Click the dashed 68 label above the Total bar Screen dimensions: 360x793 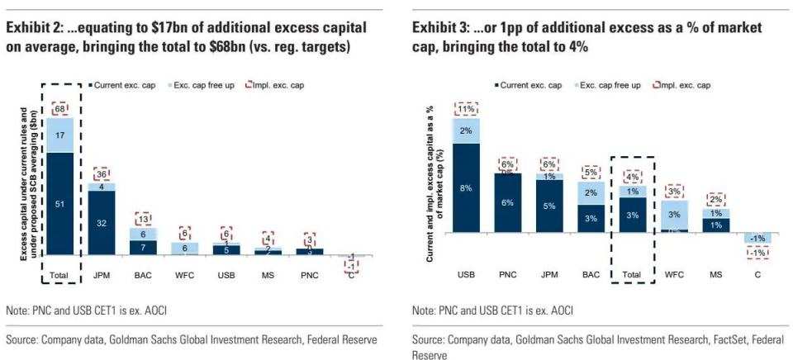click(x=59, y=109)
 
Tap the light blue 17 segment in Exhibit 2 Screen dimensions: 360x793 click(x=59, y=135)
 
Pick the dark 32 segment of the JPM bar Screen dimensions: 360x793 click(x=101, y=222)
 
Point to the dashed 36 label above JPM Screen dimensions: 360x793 click(x=101, y=174)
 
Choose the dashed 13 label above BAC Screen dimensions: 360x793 click(x=142, y=219)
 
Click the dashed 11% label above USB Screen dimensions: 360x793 click(x=465, y=109)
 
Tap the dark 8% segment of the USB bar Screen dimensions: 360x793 click(x=465, y=188)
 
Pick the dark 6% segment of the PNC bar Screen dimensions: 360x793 click(x=507, y=202)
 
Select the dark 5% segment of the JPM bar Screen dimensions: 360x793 click(x=548, y=206)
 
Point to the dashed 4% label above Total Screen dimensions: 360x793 click(x=631, y=176)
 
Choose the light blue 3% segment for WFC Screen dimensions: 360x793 click(x=673, y=215)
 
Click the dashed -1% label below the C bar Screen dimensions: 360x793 click(x=757, y=252)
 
